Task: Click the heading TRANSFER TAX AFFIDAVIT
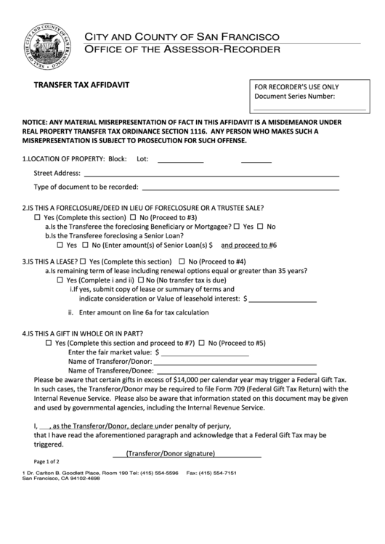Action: click(x=82, y=84)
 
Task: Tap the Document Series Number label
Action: click(x=294, y=96)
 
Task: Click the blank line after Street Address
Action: click(x=211, y=174)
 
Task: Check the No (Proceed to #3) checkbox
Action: click(x=133, y=218)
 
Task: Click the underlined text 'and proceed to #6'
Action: click(x=248, y=245)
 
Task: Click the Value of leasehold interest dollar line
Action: click(x=283, y=299)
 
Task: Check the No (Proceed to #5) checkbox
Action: click(x=202, y=343)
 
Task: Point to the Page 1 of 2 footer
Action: click(x=46, y=461)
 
